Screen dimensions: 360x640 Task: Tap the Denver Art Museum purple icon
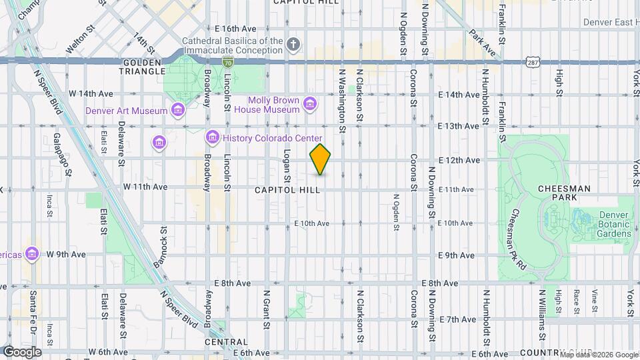tap(177, 109)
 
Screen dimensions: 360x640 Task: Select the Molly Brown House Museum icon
tap(309, 103)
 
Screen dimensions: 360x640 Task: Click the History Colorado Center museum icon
tap(213, 137)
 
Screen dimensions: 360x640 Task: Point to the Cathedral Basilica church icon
tap(293, 45)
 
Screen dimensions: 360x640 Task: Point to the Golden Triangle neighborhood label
tap(143, 67)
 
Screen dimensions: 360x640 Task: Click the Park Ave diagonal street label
tap(483, 41)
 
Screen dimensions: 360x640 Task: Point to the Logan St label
tap(287, 170)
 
